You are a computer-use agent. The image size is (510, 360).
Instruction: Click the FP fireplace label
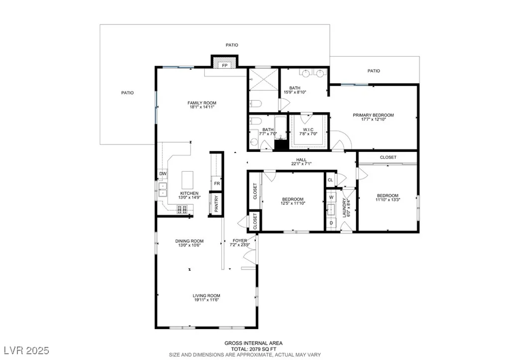(225, 65)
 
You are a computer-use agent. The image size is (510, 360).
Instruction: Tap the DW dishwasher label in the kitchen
(163, 174)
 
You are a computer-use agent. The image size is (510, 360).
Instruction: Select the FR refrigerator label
(217, 183)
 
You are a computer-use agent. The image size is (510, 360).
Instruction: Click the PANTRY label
(216, 204)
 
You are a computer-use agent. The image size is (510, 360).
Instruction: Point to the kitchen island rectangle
(187, 180)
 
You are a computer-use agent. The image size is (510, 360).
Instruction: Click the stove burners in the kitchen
(182, 210)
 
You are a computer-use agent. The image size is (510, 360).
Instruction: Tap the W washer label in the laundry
(331, 197)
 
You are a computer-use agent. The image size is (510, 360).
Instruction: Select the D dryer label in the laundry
(331, 223)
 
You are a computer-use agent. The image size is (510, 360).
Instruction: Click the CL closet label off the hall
(331, 180)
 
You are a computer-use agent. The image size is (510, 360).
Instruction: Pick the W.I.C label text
(308, 129)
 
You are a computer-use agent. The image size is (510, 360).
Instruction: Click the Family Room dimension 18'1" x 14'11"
(202, 107)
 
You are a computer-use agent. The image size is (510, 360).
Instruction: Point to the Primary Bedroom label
(374, 115)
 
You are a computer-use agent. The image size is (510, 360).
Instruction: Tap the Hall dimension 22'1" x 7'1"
(301, 164)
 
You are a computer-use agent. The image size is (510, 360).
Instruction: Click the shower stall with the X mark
(264, 79)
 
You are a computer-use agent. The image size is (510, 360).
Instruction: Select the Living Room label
(207, 296)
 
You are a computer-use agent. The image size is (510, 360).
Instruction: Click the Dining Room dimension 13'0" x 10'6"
(189, 245)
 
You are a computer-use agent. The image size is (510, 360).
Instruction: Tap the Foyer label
(240, 240)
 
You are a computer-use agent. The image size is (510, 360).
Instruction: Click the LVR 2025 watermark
(27, 350)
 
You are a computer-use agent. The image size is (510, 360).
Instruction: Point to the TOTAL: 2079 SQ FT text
(253, 349)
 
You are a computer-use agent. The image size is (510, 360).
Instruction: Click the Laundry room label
(344, 208)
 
